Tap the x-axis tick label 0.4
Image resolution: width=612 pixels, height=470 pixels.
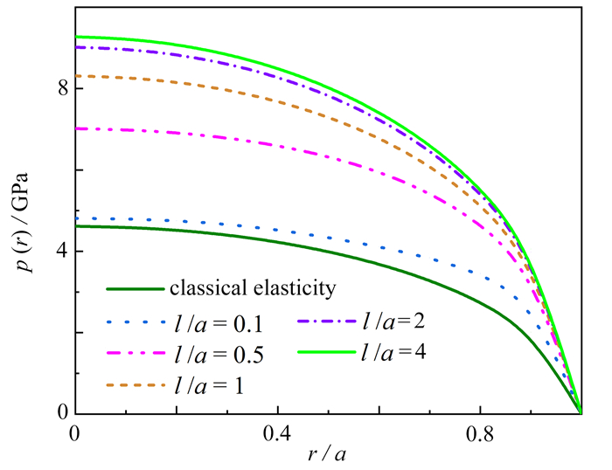278,432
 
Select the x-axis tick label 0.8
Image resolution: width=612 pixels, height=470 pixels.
480,432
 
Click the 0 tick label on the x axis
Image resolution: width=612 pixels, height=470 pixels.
75,432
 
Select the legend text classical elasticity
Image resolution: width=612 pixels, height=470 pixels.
254,287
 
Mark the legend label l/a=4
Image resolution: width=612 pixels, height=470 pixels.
396,353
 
